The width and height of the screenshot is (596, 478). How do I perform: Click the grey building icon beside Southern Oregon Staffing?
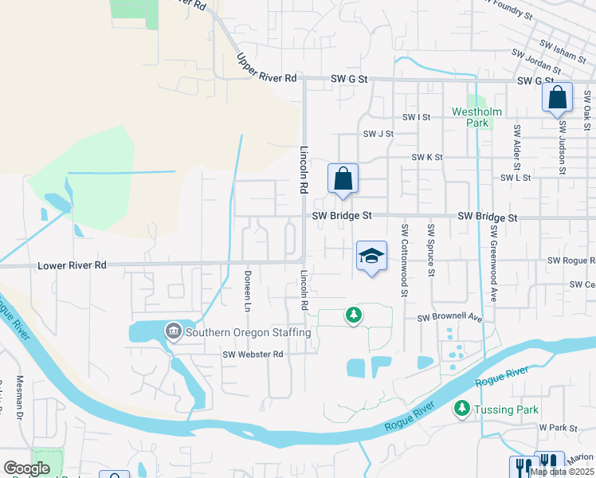click(172, 331)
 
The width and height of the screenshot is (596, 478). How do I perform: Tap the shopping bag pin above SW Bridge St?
click(343, 180)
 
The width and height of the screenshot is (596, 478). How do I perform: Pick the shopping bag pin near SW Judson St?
click(557, 99)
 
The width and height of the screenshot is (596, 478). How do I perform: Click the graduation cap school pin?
click(371, 257)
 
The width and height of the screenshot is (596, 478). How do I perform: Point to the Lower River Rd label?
click(72, 265)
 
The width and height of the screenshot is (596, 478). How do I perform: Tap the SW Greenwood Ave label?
click(494, 262)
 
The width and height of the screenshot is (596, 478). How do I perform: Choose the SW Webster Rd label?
click(253, 355)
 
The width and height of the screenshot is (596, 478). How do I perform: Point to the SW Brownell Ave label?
click(451, 318)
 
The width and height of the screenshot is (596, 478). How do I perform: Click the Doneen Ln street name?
click(247, 291)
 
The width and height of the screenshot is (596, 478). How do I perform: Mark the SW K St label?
click(426, 158)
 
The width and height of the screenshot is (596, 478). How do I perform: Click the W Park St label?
click(557, 428)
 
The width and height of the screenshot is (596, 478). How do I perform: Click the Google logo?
click(27, 468)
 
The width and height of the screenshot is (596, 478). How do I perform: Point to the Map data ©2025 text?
click(560, 472)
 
